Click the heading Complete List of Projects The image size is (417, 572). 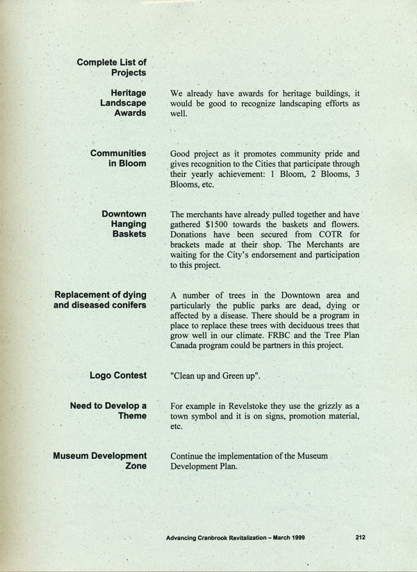coord(111,67)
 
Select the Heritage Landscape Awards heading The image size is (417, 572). coord(122,102)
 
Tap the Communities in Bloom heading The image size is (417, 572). coord(118,158)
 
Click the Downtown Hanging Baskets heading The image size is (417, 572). coord(124,224)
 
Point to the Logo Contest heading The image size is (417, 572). coord(118,376)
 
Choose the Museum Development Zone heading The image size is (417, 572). coord(100,461)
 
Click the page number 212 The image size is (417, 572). coord(360,537)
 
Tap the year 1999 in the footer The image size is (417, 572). coord(295,537)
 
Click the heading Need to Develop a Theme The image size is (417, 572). coord(108,410)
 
